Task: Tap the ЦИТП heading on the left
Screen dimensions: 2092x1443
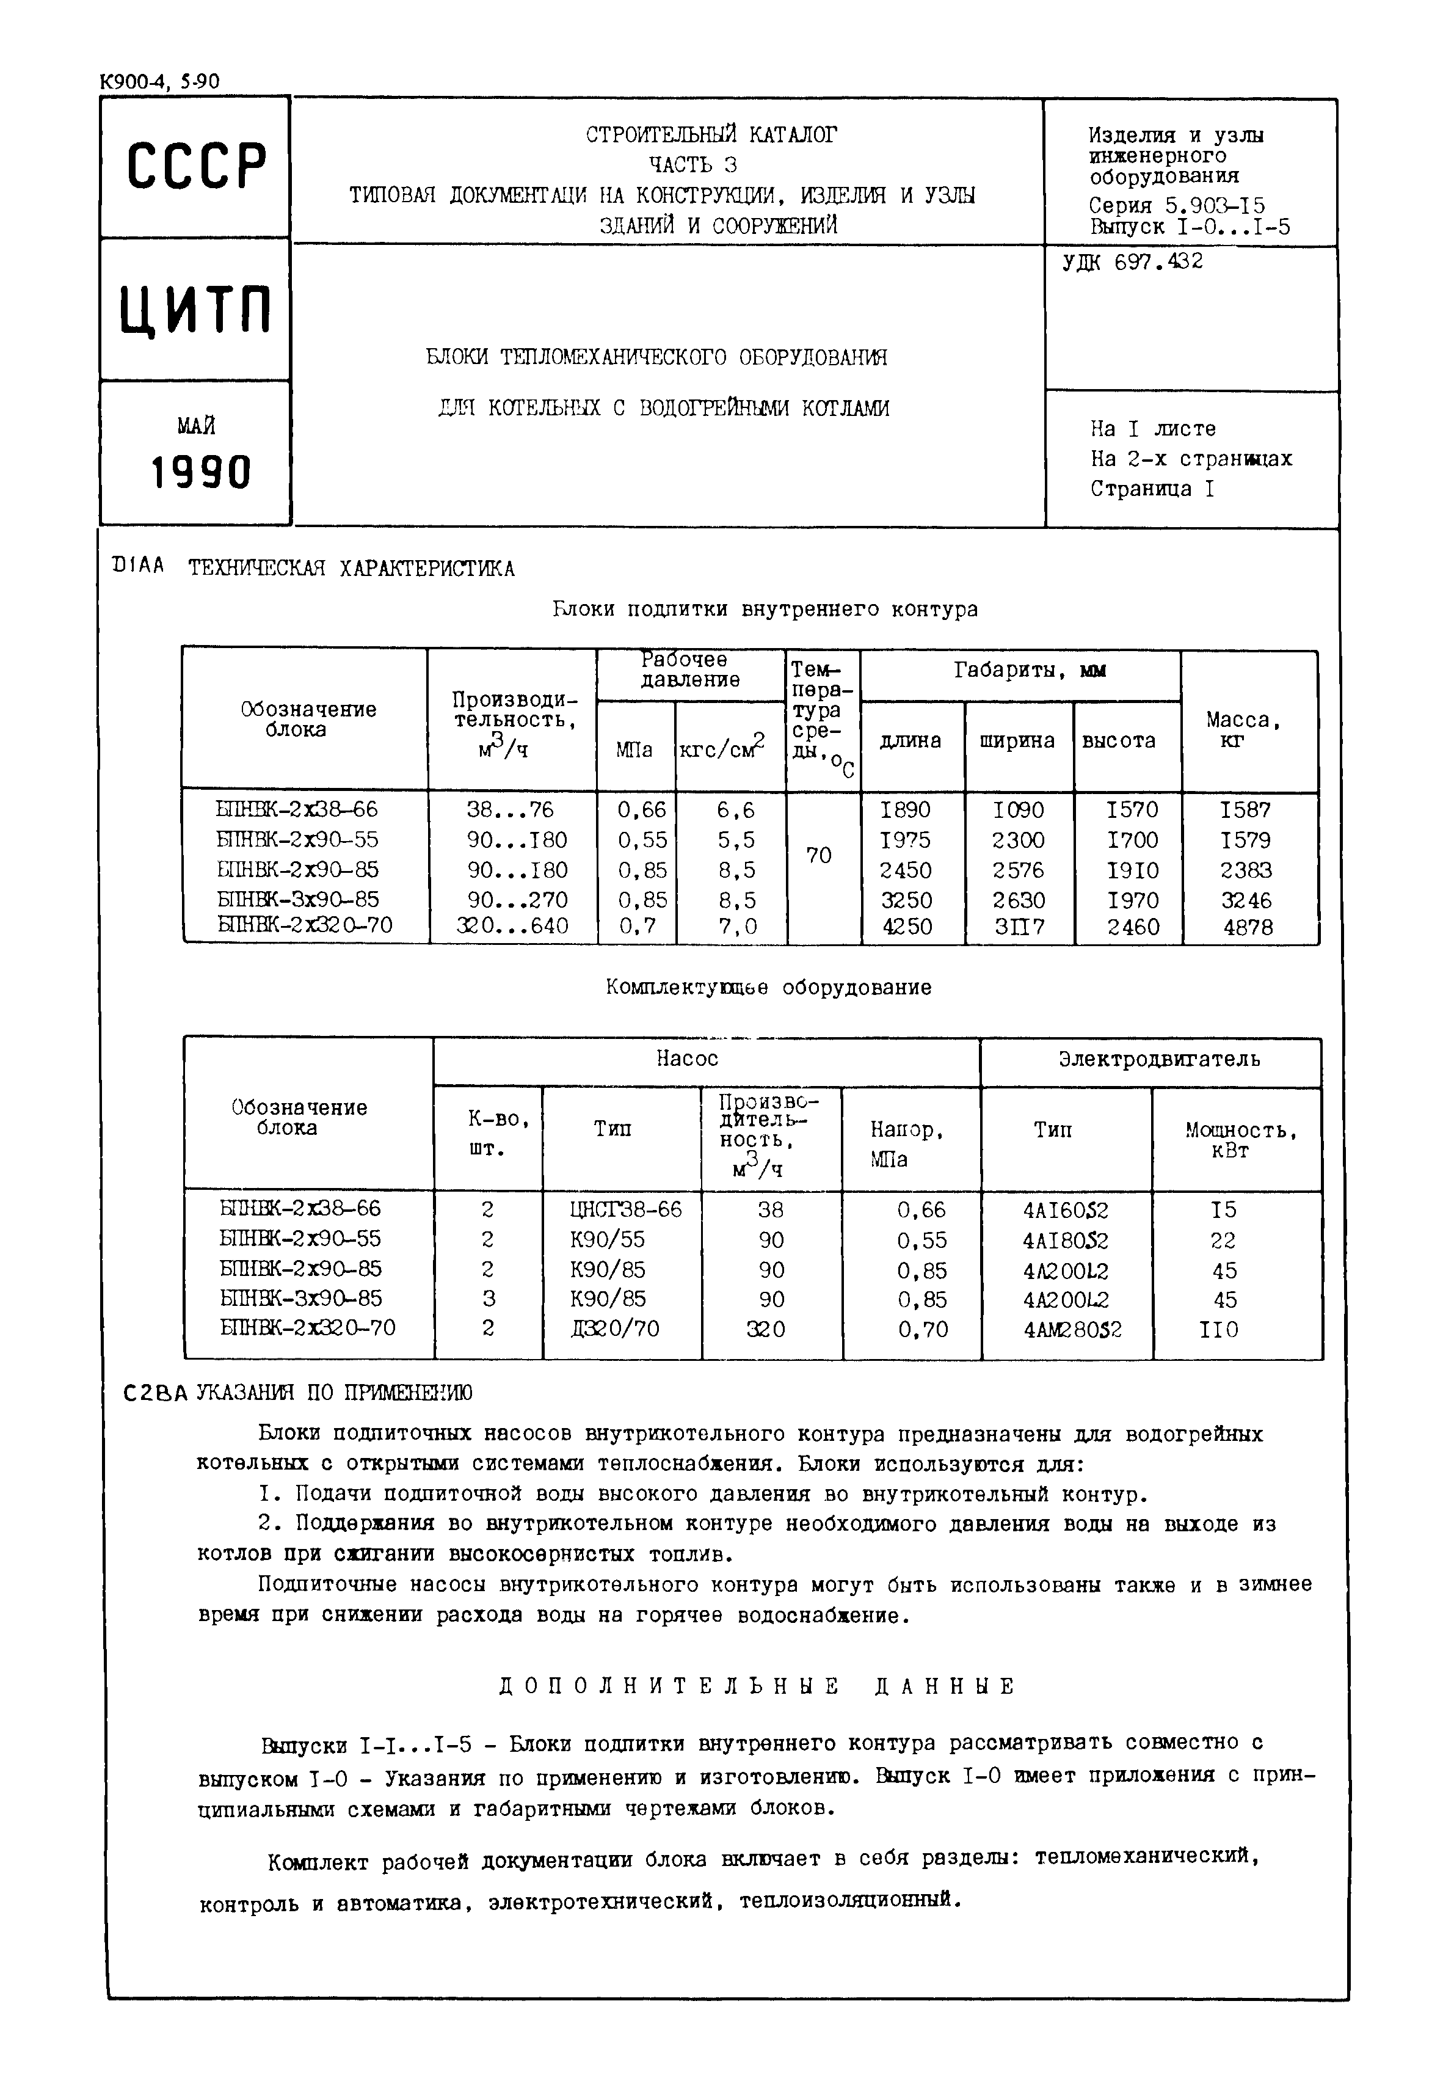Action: (196, 310)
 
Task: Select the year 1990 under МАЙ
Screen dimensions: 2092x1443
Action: (200, 472)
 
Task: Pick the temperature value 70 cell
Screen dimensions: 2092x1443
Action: (819, 855)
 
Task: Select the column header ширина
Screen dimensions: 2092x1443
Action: (1017, 742)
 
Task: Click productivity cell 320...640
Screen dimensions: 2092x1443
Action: (512, 927)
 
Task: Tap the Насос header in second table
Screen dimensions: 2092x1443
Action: (687, 1059)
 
